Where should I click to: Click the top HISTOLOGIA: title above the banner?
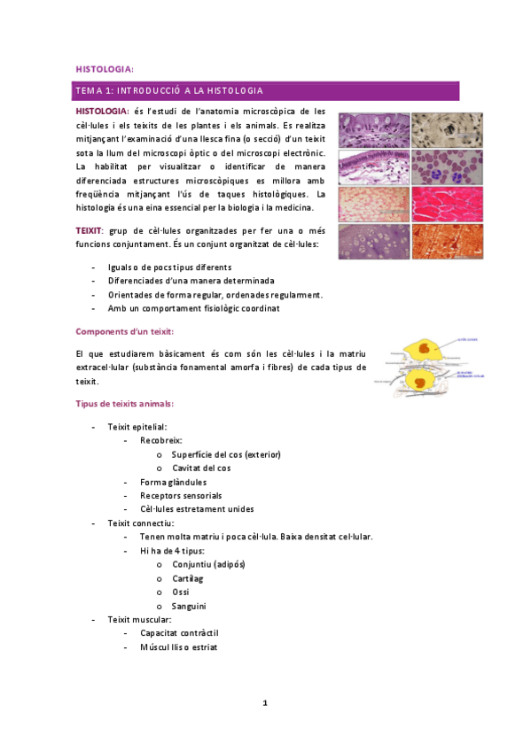point(105,67)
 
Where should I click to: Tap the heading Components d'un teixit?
point(130,331)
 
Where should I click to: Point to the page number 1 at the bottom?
point(265,703)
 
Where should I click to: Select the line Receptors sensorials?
point(181,495)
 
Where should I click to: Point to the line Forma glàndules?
point(173,481)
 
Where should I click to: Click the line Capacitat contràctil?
point(179,633)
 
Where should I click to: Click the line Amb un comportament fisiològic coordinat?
point(193,308)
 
